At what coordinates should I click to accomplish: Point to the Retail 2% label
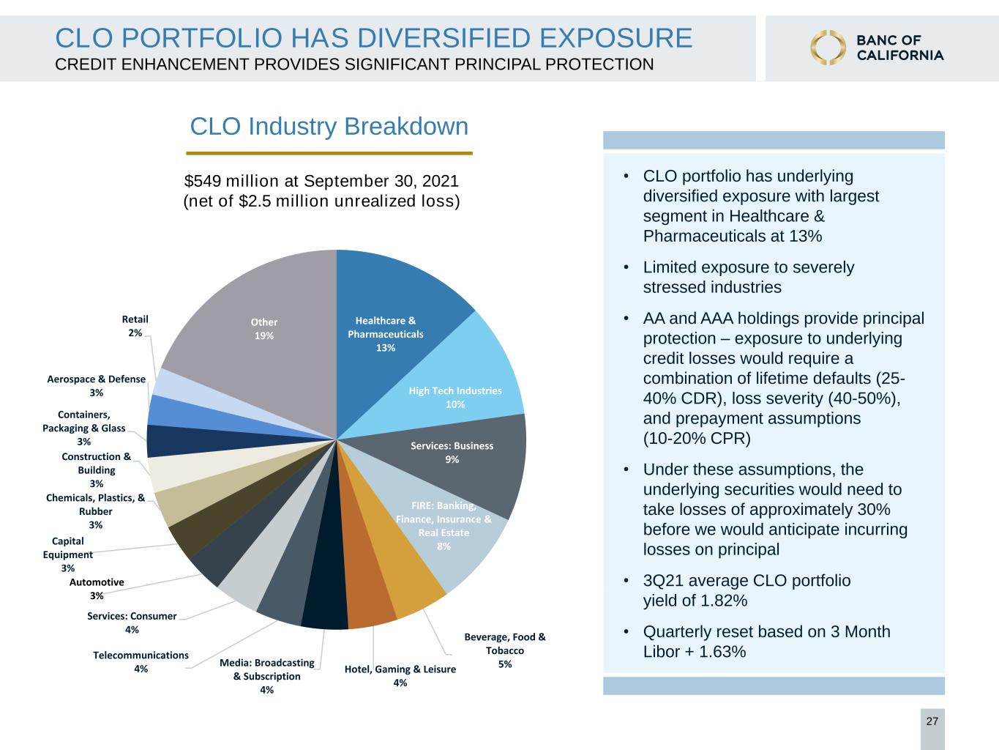(x=135, y=326)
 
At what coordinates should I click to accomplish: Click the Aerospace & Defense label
(x=96, y=386)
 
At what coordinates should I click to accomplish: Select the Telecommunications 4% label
(x=141, y=661)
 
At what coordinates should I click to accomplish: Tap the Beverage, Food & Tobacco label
(x=505, y=650)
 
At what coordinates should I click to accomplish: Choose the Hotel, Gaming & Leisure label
(x=400, y=676)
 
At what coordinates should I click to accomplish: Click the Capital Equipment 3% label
(x=68, y=554)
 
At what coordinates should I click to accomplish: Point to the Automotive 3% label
(x=97, y=589)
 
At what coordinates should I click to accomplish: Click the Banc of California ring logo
(x=828, y=48)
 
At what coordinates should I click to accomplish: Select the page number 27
(x=932, y=721)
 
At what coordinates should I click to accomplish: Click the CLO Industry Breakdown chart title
(x=329, y=126)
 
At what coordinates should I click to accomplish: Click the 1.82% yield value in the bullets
(x=724, y=601)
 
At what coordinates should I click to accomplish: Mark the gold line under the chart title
(x=329, y=154)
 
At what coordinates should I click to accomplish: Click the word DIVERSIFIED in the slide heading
(x=444, y=38)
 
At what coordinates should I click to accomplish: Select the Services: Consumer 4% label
(x=132, y=623)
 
